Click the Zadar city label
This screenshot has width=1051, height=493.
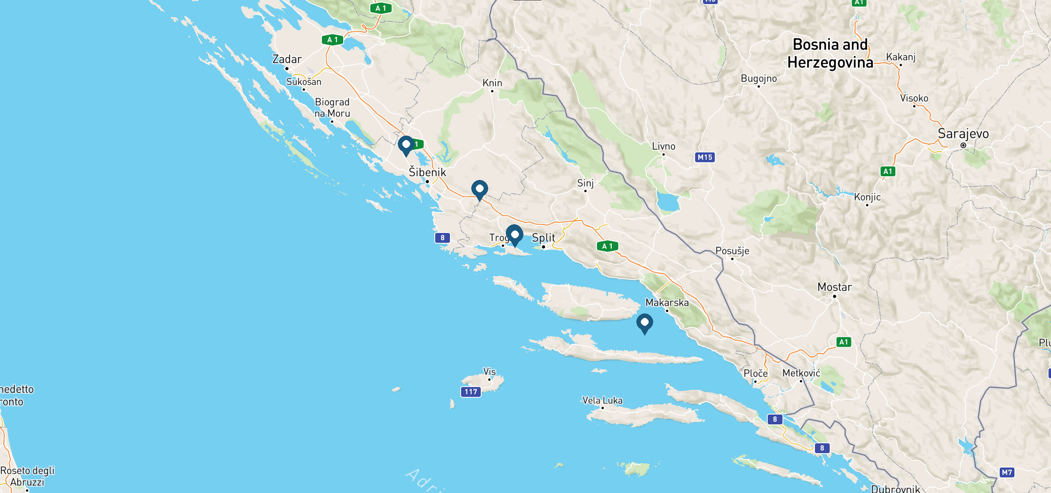pyautogui.click(x=287, y=60)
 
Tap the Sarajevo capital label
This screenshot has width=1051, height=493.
pyautogui.click(x=963, y=134)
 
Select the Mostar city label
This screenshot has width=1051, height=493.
pyautogui.click(x=834, y=287)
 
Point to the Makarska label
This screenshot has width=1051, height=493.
pyautogui.click(x=667, y=303)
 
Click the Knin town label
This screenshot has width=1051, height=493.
pyautogui.click(x=492, y=83)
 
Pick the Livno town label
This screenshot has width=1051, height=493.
pyautogui.click(x=663, y=146)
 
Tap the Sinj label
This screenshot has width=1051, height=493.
pyautogui.click(x=585, y=183)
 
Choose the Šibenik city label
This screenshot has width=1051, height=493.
pyautogui.click(x=427, y=173)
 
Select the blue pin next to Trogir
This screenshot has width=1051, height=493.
pyautogui.click(x=514, y=235)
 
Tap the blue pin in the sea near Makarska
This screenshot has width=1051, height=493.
pyautogui.click(x=645, y=323)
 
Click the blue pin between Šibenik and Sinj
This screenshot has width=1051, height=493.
pyautogui.click(x=480, y=189)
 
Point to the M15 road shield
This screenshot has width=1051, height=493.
pyautogui.click(x=705, y=157)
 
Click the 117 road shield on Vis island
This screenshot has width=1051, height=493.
pyautogui.click(x=471, y=392)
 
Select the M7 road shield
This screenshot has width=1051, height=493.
pyautogui.click(x=1007, y=472)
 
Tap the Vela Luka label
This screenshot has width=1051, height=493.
pyautogui.click(x=602, y=401)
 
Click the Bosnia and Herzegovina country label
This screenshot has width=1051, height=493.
pyautogui.click(x=830, y=53)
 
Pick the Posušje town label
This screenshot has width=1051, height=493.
pyautogui.click(x=732, y=251)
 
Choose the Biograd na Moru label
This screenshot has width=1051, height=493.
pyautogui.click(x=332, y=108)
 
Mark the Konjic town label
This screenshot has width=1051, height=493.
pyautogui.click(x=867, y=197)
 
